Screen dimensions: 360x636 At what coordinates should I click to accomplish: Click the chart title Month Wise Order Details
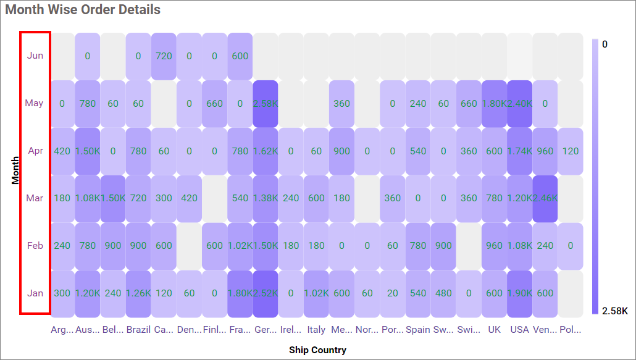pos(83,10)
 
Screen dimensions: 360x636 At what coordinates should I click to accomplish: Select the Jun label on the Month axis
pos(35,56)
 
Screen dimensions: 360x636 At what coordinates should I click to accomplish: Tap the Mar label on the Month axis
pos(35,198)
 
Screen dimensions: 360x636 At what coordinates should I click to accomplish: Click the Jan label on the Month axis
pos(35,293)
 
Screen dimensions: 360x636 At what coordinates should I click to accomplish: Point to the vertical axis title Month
pos(15,170)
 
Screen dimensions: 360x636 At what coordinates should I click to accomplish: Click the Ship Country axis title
pos(317,350)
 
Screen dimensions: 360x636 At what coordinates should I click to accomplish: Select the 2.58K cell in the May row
pos(265,103)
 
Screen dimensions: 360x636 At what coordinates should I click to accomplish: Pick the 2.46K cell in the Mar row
pos(545,198)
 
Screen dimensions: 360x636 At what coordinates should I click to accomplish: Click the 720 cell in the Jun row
pos(164,56)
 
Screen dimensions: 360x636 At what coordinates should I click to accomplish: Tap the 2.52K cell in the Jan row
pos(265,293)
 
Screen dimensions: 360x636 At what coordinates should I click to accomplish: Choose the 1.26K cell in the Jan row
pos(138,293)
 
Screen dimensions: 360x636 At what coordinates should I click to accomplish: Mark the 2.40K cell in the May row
pos(519,103)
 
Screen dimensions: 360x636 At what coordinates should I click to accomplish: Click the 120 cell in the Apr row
pos(570,151)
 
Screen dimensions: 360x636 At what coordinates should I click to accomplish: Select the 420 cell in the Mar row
pos(189,198)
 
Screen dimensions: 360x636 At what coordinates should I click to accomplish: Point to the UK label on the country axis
pos(494,330)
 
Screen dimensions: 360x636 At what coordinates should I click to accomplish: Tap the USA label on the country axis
pos(519,330)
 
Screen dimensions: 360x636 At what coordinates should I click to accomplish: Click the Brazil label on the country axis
pos(138,330)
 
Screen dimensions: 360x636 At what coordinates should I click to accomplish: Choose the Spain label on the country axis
pos(418,330)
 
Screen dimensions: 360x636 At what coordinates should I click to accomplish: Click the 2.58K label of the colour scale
pos(614,311)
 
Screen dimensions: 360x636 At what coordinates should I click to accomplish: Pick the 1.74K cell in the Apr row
pos(519,151)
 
